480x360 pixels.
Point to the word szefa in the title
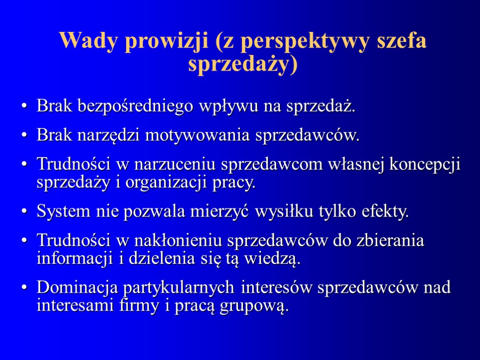(x=403, y=42)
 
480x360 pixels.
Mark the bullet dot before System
(x=25, y=212)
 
